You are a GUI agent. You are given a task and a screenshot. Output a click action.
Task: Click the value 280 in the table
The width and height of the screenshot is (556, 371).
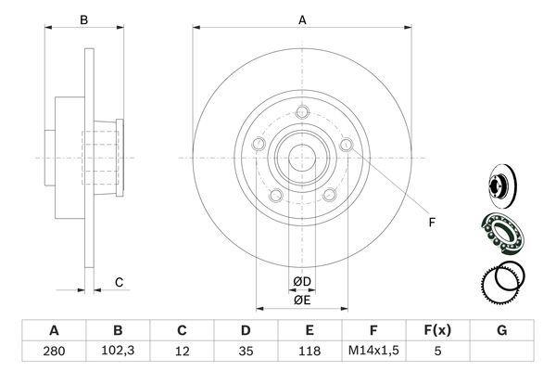pos(54,352)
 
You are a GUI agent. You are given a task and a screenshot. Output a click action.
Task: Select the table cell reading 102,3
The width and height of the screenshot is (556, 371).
pos(118,351)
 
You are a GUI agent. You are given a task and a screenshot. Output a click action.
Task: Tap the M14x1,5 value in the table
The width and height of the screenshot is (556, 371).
pos(373,351)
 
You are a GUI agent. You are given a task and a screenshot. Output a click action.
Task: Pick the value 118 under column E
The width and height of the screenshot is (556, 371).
pos(310,352)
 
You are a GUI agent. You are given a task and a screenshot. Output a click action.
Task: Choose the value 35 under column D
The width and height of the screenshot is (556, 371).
pos(246,352)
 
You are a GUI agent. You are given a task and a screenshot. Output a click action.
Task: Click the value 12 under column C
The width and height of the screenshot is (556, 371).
pos(182,352)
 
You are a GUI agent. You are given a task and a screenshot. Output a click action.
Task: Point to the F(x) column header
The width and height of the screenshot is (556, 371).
pos(437,330)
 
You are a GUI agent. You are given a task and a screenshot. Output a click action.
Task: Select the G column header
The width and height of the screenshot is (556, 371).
pos(501,330)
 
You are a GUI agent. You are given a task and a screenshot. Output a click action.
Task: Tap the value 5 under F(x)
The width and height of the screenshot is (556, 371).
pos(437,352)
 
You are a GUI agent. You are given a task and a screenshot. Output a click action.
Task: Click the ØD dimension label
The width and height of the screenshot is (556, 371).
pos(302,282)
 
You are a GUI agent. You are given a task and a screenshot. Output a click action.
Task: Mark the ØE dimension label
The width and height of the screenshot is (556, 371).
pos(302,301)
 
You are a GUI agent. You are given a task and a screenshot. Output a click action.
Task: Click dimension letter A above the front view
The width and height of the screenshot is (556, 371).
pos(302,20)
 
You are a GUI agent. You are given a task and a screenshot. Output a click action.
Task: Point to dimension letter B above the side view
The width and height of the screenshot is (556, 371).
pos(83,20)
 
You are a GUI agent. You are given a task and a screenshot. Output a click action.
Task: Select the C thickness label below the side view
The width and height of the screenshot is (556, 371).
pos(119,283)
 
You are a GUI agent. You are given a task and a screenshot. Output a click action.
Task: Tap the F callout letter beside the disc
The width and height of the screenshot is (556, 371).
pos(432,223)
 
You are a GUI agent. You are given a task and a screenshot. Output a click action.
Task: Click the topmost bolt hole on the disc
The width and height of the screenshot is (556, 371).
pos(302,112)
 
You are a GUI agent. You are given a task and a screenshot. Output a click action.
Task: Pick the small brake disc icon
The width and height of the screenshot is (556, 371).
pos(502,185)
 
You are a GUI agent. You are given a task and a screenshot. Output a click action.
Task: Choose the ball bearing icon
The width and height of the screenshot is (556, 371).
pos(502,233)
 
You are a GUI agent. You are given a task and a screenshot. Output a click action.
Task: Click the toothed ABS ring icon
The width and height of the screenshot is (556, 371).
pos(501,283)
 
